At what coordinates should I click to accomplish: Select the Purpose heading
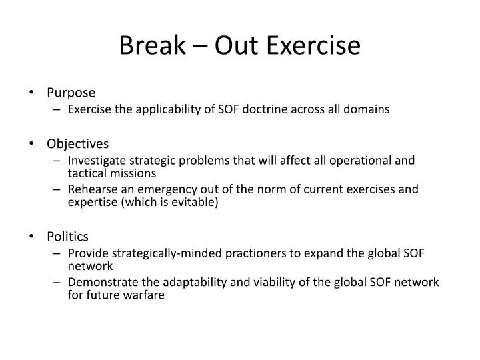click(71, 92)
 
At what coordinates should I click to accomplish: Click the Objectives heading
click(78, 143)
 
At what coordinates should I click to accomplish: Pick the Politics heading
click(67, 236)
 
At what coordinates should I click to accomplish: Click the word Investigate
click(95, 160)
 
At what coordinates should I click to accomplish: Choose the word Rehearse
click(91, 189)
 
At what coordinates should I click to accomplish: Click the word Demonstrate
click(100, 282)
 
